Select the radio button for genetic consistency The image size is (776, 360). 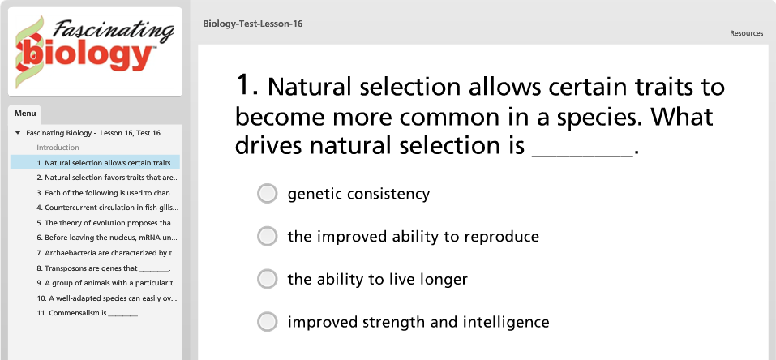point(268,194)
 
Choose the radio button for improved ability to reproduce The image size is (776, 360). point(268,236)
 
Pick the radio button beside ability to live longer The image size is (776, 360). point(268,279)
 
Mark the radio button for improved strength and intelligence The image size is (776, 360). point(268,322)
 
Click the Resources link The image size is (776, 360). point(746,33)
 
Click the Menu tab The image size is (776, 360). point(25,114)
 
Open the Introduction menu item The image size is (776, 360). point(58,148)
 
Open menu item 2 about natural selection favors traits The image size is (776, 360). point(107,178)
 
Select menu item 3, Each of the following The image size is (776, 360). point(106,193)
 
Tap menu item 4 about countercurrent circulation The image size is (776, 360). point(107,208)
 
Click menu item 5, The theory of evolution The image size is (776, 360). point(107,223)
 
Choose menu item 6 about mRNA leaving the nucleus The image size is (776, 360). point(107,238)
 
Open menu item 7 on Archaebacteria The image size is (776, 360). point(107,253)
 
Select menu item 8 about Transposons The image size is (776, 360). point(104,268)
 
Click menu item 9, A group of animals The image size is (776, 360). point(107,283)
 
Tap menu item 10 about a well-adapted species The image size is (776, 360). point(107,298)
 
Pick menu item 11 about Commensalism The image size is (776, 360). point(88,314)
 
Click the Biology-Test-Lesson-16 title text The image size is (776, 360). point(253,24)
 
